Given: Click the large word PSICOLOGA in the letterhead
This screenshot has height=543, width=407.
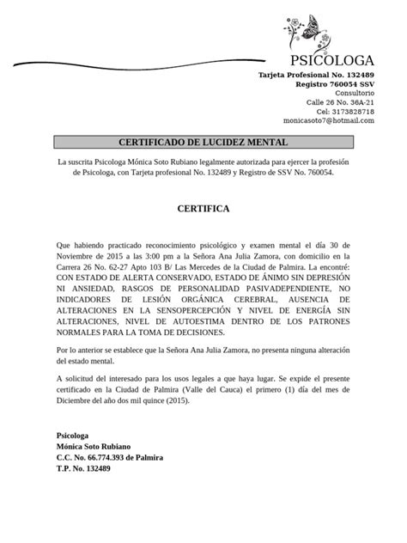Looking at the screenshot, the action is click(332, 60).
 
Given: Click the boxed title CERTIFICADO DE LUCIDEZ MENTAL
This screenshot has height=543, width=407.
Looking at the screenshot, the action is click(203, 142).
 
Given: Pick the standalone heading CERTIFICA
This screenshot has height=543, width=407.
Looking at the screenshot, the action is click(203, 208).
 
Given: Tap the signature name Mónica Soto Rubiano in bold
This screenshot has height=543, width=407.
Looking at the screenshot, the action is click(94, 447).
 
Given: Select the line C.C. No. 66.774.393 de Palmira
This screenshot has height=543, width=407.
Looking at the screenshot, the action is click(109, 458).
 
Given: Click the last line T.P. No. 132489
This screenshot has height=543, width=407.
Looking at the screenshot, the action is click(83, 469).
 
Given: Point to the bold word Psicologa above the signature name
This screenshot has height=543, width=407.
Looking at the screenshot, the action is click(73, 436).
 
